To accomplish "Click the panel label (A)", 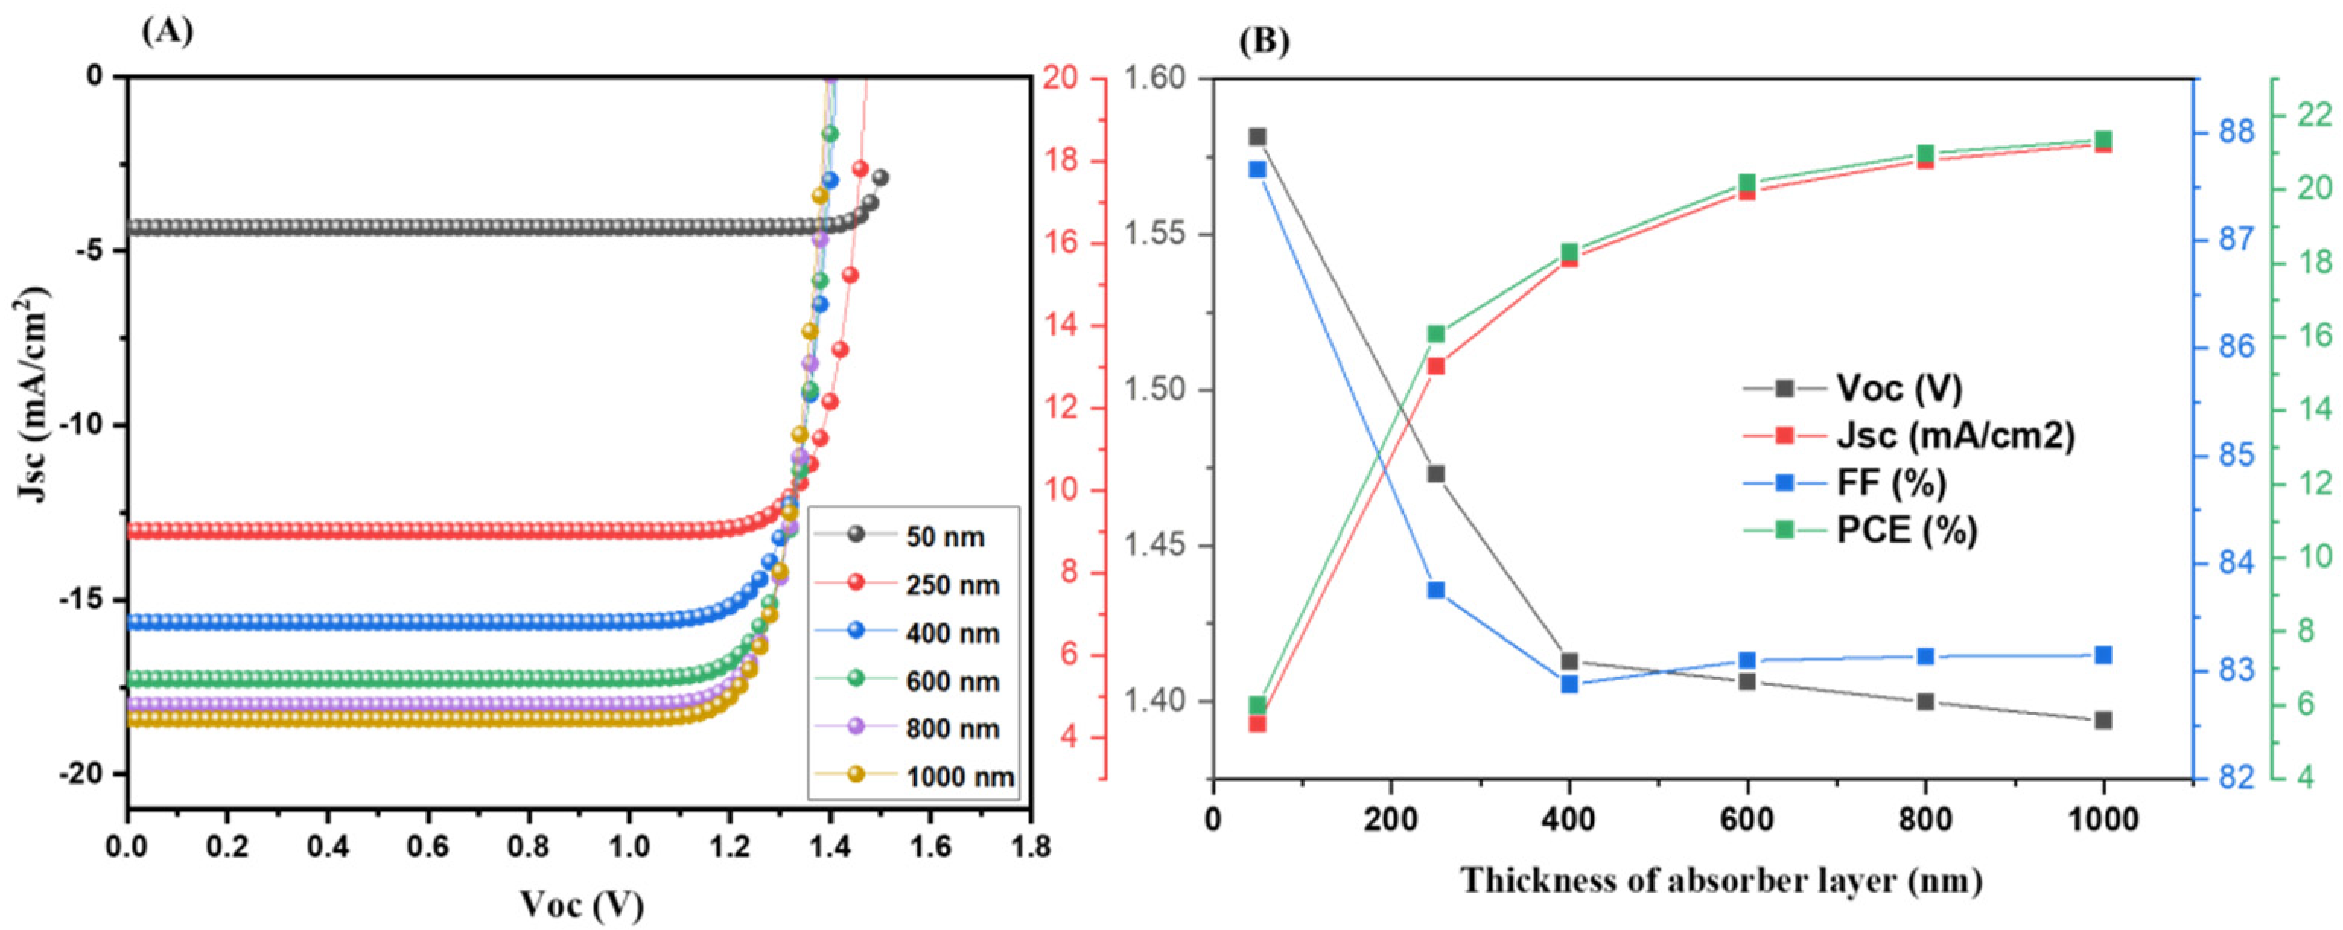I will coord(167,31).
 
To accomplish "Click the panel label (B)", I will coord(1264,42).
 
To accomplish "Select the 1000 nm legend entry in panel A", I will coord(958,776).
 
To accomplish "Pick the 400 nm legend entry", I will coord(952,632).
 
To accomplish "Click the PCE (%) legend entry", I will coord(1906,529).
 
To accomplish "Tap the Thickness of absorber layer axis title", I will coord(1721,881).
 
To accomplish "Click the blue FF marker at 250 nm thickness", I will coord(1436,590).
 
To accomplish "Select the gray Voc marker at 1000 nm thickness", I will coord(2103,720).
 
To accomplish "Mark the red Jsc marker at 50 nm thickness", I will coord(1257,724).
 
